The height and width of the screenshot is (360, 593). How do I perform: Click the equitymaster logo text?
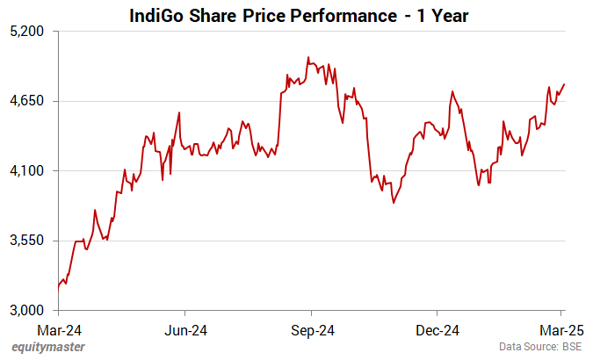[x=48, y=348]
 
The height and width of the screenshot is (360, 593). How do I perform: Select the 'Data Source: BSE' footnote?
[x=541, y=348]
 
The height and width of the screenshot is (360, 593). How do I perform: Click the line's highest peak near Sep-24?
[x=307, y=57]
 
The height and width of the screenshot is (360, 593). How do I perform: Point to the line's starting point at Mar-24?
[x=59, y=286]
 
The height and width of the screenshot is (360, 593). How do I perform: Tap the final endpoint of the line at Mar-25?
[x=564, y=84]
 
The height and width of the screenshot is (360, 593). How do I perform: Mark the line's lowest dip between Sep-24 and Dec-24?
[x=394, y=203]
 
